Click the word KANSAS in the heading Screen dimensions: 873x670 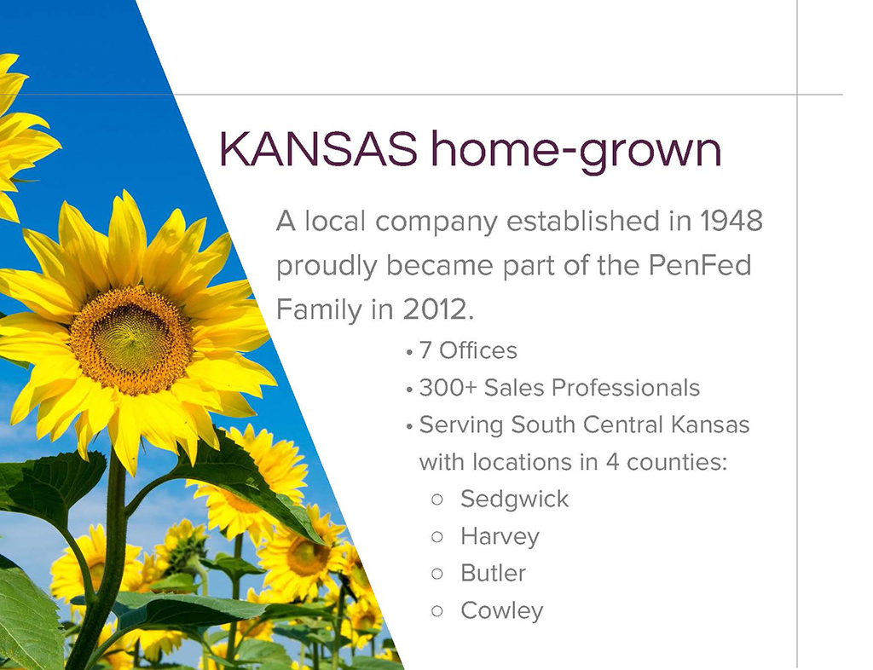pyautogui.click(x=318, y=149)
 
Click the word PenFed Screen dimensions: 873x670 pyautogui.click(x=700, y=265)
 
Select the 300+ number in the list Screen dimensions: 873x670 pyautogui.click(x=448, y=388)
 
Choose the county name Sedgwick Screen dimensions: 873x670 pyautogui.click(x=514, y=500)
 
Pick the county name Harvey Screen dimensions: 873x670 pyautogui.click(x=500, y=537)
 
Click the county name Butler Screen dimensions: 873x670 pyautogui.click(x=493, y=573)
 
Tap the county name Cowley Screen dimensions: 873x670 pyautogui.click(x=501, y=611)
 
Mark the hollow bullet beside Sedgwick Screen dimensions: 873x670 pyautogui.click(x=437, y=500)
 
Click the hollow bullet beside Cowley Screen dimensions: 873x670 pyautogui.click(x=437, y=611)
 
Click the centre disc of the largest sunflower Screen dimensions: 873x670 pyautogui.click(x=131, y=339)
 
